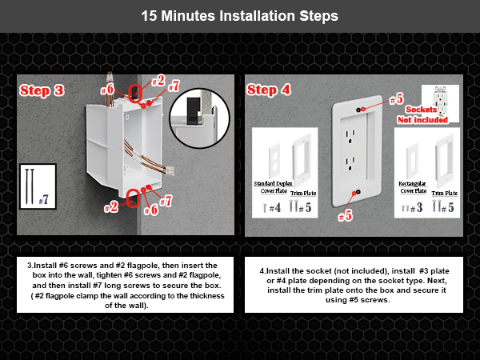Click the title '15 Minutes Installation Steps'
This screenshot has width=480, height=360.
tap(239, 16)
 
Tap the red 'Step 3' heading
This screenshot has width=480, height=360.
tap(42, 90)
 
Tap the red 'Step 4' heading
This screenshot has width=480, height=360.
tap(269, 90)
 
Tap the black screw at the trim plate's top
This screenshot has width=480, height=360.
tap(363, 107)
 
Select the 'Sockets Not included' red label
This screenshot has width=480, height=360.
tap(427, 114)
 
